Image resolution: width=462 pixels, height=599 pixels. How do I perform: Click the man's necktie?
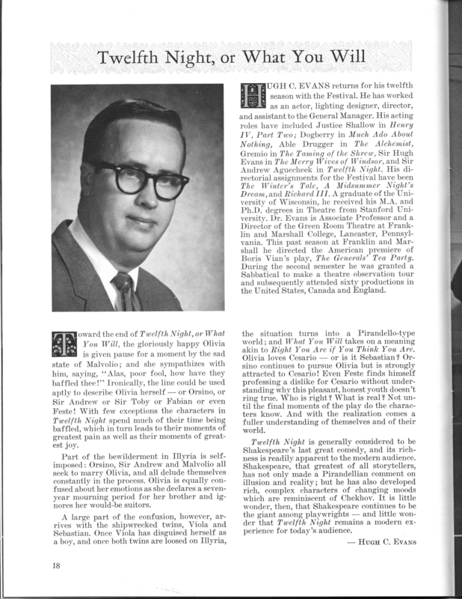[x=123, y=293]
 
